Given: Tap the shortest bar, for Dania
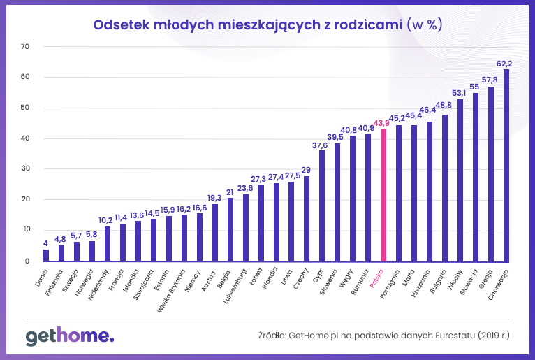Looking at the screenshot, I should (x=46, y=255).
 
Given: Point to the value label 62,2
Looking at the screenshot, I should (x=505, y=62).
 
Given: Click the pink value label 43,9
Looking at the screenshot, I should (x=381, y=123).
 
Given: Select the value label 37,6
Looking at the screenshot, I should (x=321, y=145).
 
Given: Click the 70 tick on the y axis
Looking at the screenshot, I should (x=26, y=47).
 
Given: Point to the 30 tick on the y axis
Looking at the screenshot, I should (x=26, y=169).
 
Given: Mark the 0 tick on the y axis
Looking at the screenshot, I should (x=28, y=261).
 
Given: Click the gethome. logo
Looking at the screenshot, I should (x=70, y=336).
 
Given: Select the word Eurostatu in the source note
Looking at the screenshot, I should (x=456, y=336).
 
